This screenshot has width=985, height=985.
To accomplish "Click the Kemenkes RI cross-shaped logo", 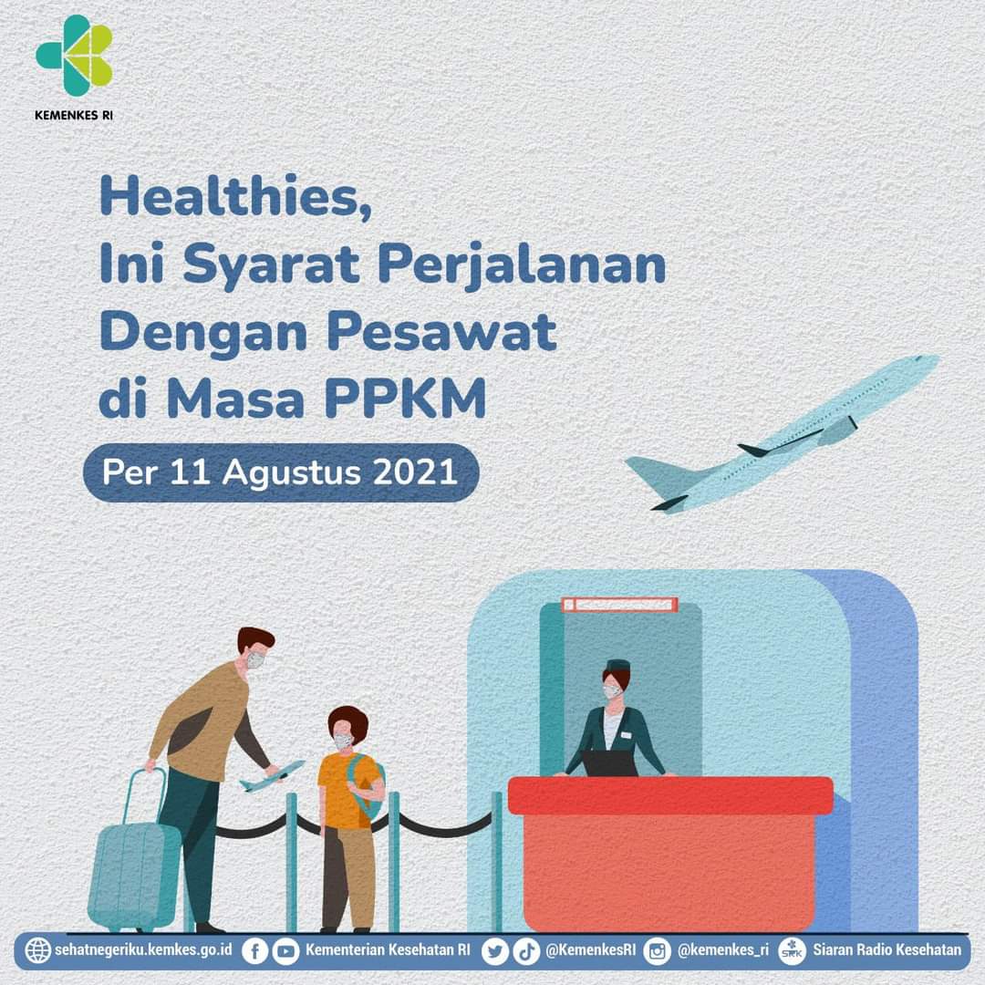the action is coord(74,56).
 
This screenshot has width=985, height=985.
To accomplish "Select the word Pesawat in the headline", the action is coord(441,332).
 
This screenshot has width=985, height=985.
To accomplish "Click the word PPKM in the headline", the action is coord(406,398).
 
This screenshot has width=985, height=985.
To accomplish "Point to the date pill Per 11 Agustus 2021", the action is coord(281,472).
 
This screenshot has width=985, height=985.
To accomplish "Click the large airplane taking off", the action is coord(783,433).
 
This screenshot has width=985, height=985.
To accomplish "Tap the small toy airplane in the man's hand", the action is coord(272,776).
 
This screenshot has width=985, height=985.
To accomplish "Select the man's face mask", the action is coord(255,660).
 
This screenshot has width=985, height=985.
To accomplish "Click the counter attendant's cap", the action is coord(617,666).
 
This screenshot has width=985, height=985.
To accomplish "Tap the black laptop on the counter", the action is coord(609,764).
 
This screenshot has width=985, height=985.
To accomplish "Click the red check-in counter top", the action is coord(670,795).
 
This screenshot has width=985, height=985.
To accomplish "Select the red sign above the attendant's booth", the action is coord(619,605).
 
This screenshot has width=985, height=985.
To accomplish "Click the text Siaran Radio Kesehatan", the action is coord(887,949).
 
